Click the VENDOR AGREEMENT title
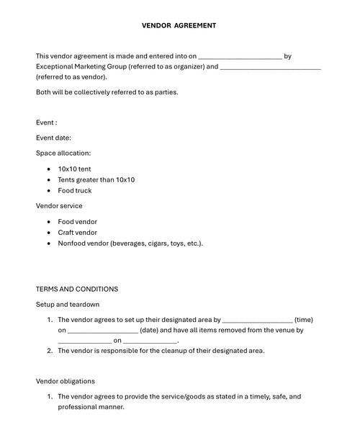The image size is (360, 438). point(179,25)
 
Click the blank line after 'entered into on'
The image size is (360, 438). point(240,56)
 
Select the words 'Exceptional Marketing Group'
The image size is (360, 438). point(81,66)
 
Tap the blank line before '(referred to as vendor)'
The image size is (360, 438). point(270,68)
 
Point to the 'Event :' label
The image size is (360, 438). point(47,122)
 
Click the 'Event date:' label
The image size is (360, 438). point(53,138)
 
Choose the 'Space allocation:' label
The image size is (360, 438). point(63,153)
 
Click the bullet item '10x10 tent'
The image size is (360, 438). point(74,169)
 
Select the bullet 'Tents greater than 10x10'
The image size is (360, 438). point(96,179)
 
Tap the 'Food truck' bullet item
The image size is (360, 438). point(75,190)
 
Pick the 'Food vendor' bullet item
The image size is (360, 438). point(77,222)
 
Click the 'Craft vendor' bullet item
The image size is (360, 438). point(77,233)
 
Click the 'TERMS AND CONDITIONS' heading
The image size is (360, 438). point(77,289)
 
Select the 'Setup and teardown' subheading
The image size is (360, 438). point(68,305)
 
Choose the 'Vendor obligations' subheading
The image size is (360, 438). point(66,381)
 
